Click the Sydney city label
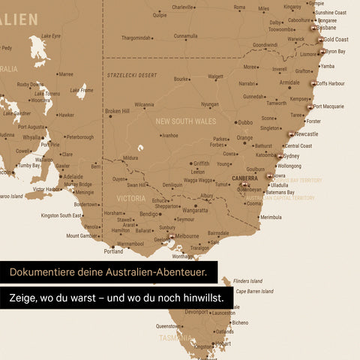(292, 156)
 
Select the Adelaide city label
(73, 177)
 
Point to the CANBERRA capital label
(244, 178)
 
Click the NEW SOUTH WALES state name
(185, 121)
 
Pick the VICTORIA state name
(131, 199)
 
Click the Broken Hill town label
(117, 111)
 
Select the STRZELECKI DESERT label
(131, 75)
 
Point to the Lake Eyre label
(51, 36)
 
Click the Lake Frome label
(82, 89)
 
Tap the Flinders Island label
(248, 281)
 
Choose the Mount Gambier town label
(82, 235)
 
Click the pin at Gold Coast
(322, 40)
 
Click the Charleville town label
(182, 7)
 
